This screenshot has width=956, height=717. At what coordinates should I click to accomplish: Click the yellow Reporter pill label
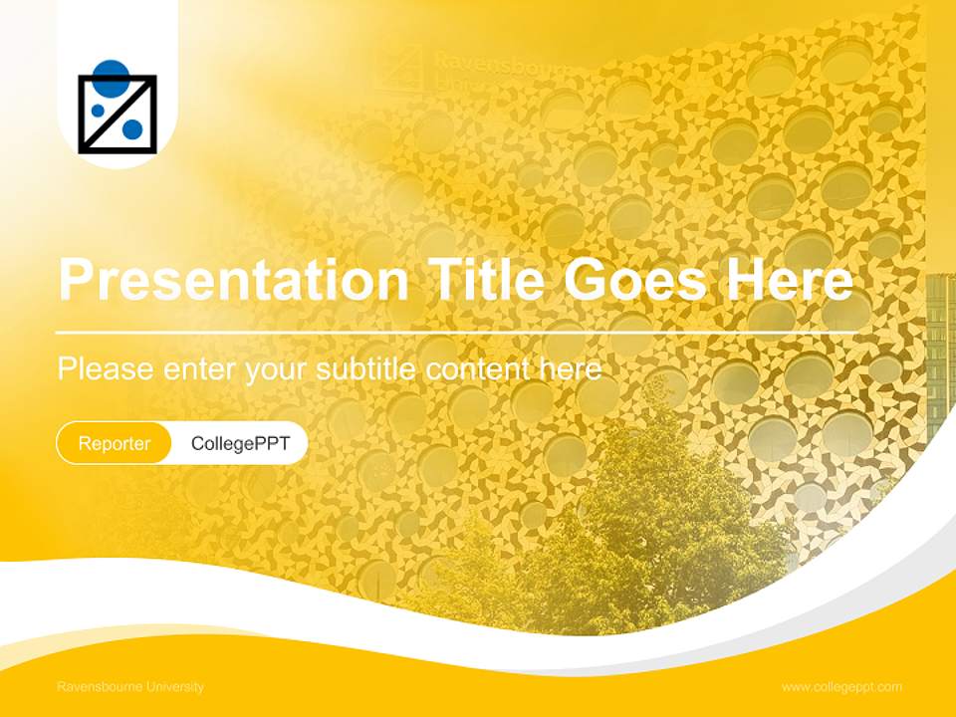point(115,443)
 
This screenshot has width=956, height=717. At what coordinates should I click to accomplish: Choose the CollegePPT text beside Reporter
point(240,443)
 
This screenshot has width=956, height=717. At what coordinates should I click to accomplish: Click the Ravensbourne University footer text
point(130,687)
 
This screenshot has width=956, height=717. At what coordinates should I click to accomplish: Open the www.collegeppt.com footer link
point(841,687)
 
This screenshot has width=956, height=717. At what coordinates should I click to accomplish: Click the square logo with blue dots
point(118,114)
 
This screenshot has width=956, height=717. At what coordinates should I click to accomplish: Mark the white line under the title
point(458,331)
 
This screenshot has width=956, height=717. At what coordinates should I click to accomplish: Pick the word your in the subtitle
point(279,369)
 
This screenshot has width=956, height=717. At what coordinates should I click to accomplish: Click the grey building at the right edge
point(940,349)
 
